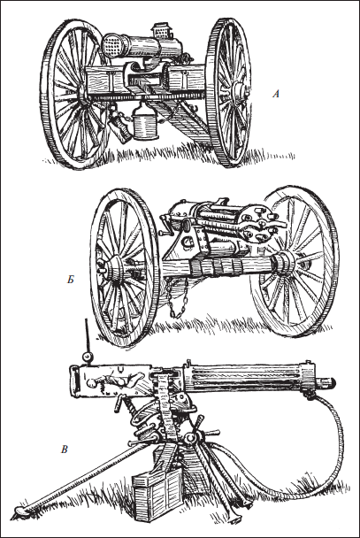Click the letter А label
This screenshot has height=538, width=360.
[276, 94]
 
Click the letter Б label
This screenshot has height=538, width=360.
[70, 280]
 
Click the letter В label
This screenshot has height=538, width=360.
[64, 450]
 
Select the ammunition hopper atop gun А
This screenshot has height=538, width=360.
[160, 30]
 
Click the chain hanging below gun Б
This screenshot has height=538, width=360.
[177, 303]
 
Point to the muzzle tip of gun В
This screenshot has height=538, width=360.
[333, 381]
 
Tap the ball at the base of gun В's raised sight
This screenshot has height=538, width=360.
[88, 357]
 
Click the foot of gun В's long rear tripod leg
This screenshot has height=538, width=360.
[19, 511]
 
